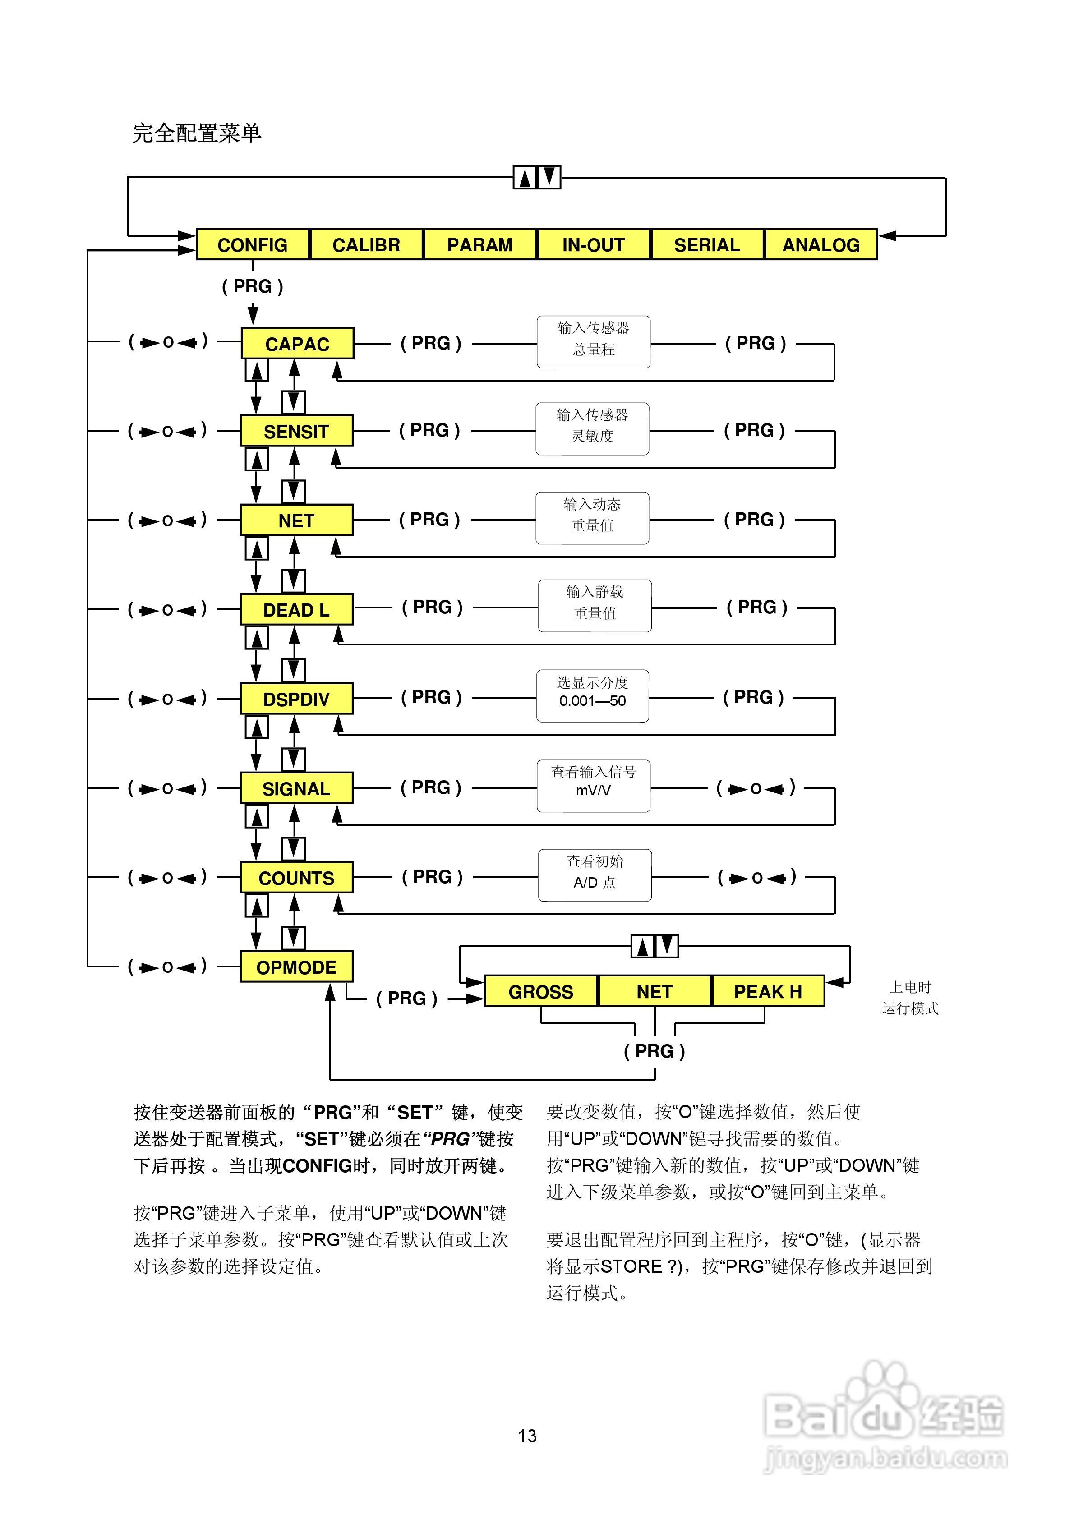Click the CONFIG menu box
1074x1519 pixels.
[253, 245]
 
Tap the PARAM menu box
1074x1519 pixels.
[480, 245]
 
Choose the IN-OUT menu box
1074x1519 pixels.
[594, 245]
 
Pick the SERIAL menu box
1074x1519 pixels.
[707, 245]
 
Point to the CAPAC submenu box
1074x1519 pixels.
[297, 344]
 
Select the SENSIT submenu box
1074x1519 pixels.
[296, 431]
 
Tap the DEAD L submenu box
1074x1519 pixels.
[296, 610]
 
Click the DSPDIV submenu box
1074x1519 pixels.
[296, 700]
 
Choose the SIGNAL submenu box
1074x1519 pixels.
[296, 789]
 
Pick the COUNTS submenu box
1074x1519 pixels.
[296, 878]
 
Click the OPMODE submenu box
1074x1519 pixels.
[296, 967]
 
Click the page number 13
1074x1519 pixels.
[527, 1436]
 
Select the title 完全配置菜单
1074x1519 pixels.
[197, 133]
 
